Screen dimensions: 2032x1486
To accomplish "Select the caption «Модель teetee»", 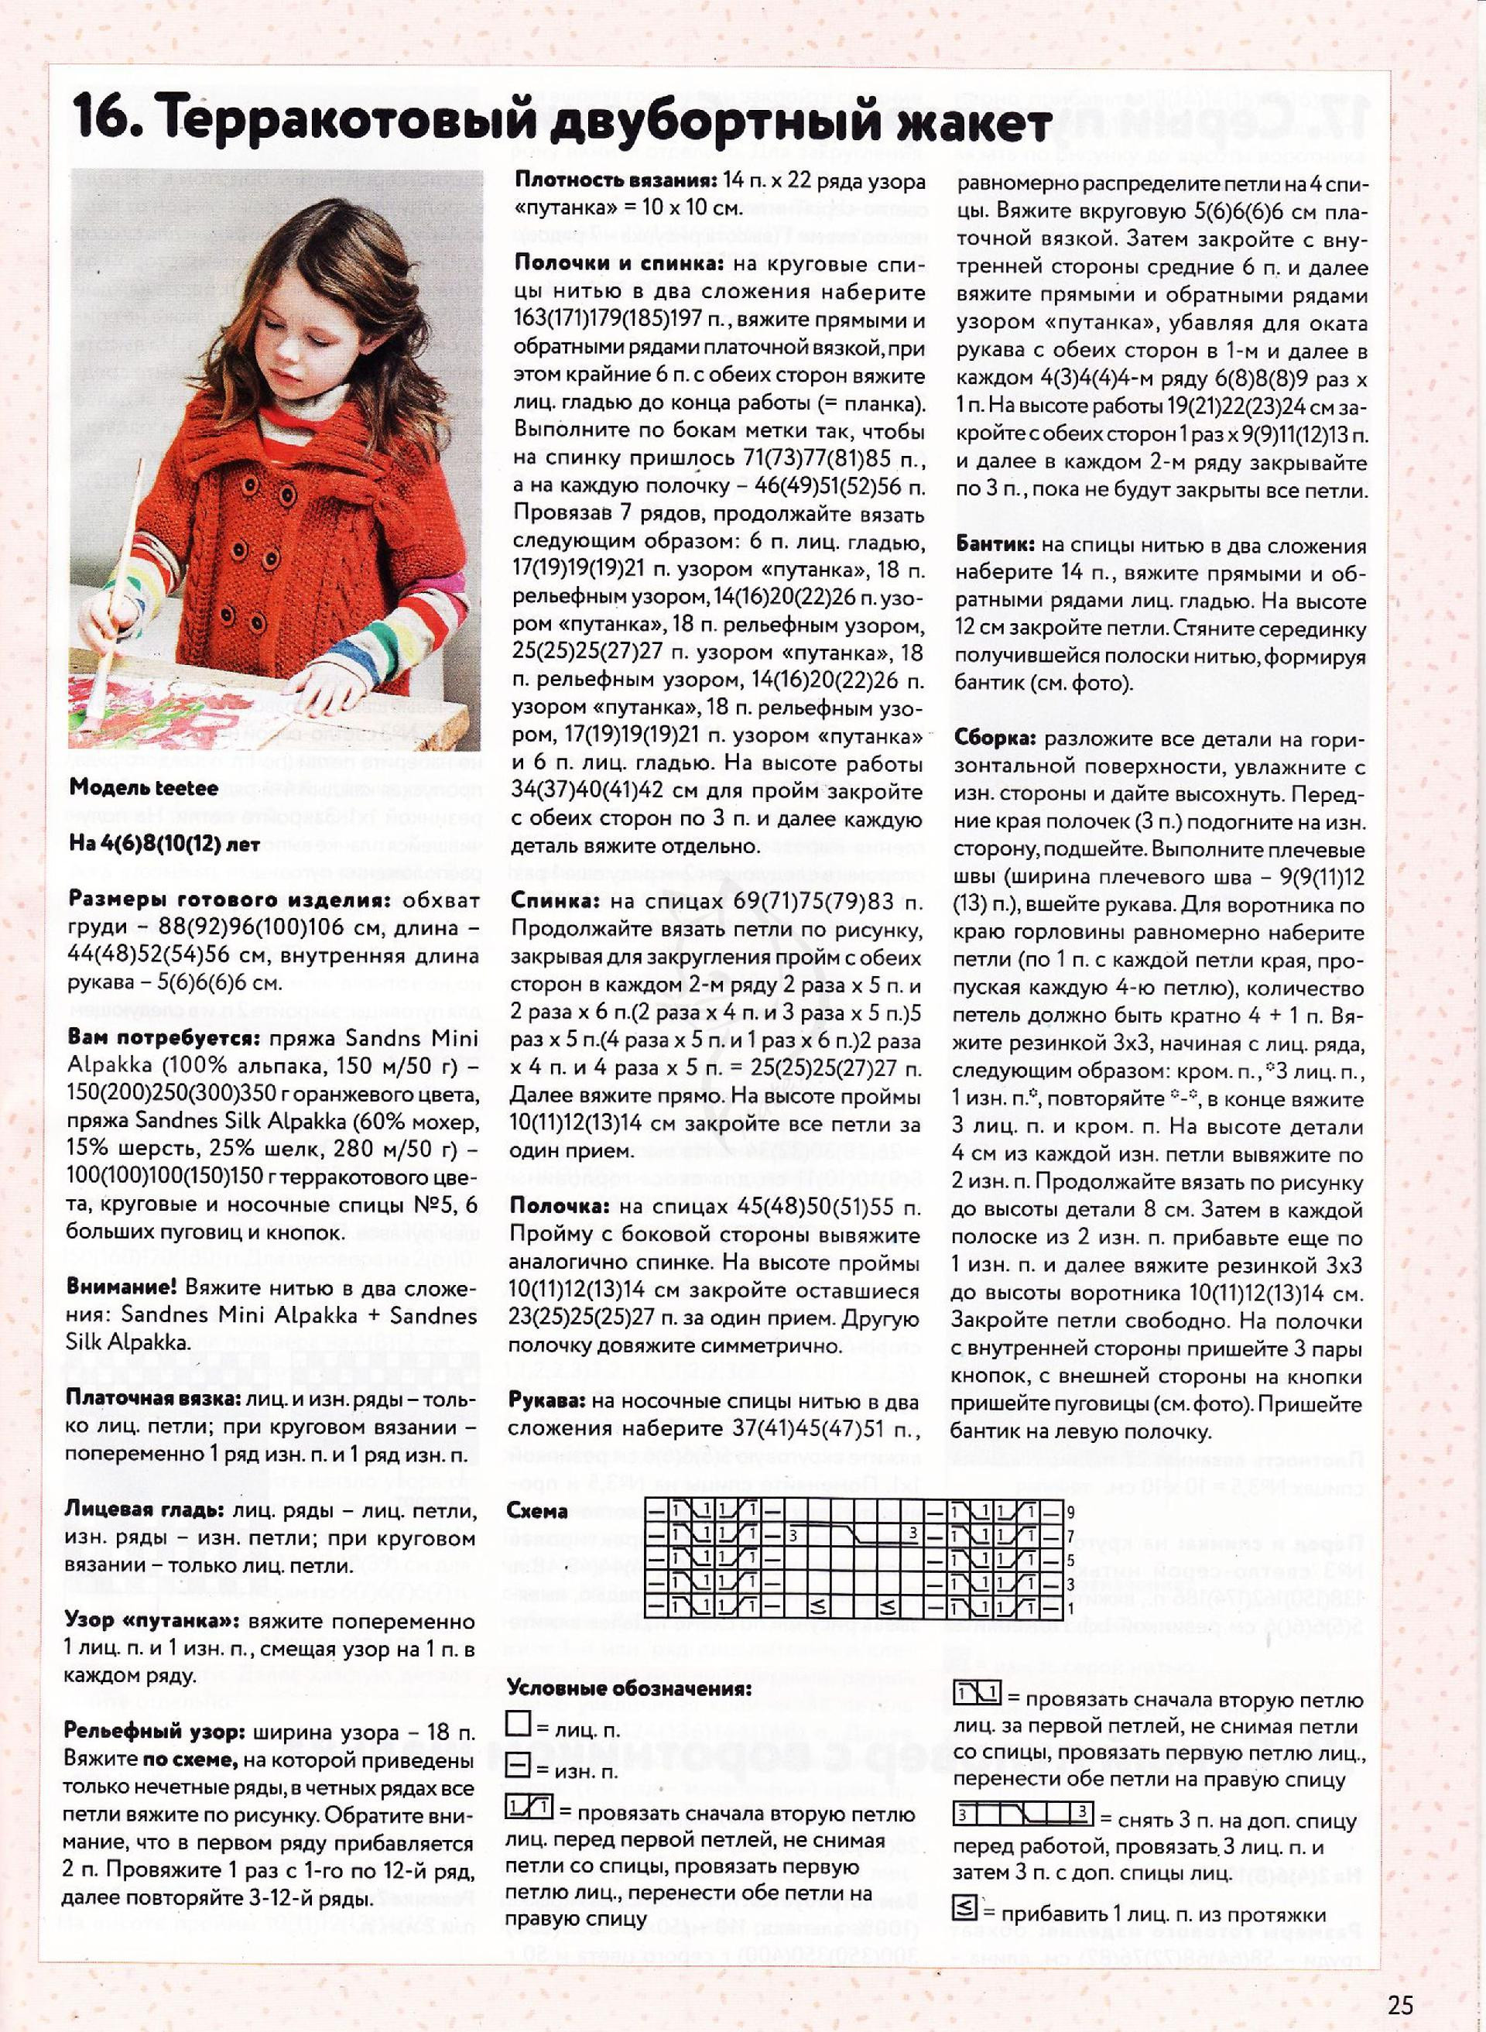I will [x=143, y=788].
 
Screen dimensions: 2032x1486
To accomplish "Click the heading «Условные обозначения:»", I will [x=628, y=1688].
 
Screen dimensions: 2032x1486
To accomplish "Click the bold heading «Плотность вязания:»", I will [x=614, y=182].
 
